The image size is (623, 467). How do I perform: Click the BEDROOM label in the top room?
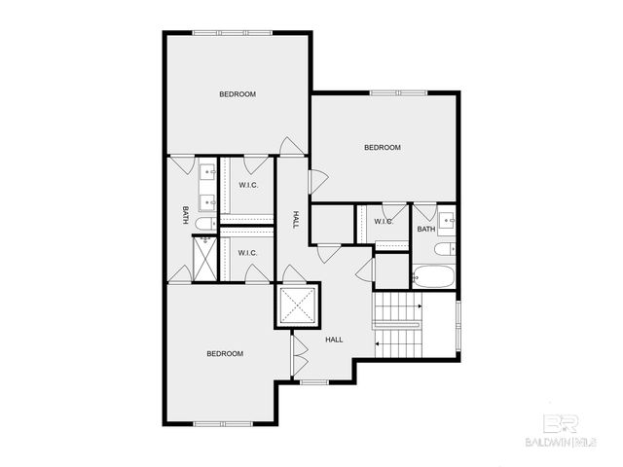[237, 94]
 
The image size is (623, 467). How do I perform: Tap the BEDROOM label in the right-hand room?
[383, 148]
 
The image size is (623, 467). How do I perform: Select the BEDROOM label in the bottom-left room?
[225, 353]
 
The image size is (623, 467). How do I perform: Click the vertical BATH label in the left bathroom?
[184, 215]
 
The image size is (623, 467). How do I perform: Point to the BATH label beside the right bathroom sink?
[426, 230]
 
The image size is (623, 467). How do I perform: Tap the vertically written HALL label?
[296, 220]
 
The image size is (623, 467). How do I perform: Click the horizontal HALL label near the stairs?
[334, 340]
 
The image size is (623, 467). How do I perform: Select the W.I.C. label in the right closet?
[384, 222]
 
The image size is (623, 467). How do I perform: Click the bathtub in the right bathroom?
[432, 276]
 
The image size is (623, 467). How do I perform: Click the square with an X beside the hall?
[299, 305]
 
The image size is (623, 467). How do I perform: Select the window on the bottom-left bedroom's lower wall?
[223, 423]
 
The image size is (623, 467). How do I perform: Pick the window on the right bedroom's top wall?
[397, 93]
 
